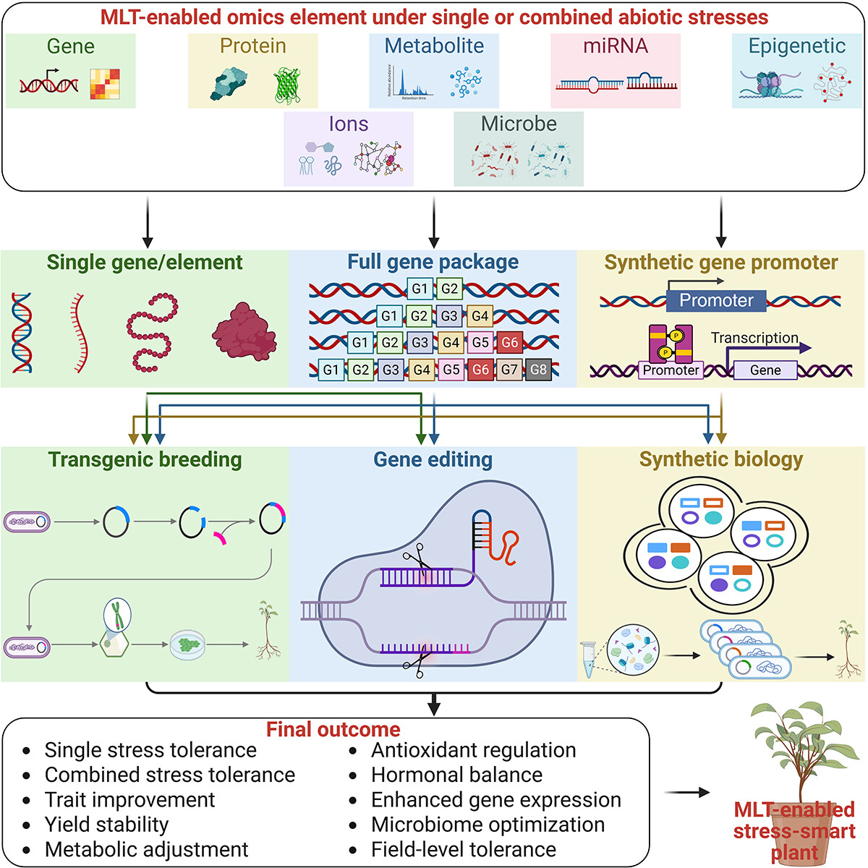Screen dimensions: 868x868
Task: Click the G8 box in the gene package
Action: (539, 370)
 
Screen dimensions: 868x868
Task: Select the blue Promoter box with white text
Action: (716, 300)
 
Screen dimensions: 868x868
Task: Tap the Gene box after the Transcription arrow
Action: (765, 370)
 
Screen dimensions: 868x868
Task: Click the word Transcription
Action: (754, 338)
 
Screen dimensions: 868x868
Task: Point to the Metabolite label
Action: (434, 46)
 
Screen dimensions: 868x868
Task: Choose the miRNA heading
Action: (616, 46)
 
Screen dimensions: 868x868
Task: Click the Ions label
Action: (349, 124)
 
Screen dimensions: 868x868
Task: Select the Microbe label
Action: (519, 124)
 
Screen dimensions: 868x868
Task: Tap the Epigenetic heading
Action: (796, 46)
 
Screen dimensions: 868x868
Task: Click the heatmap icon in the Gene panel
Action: (105, 84)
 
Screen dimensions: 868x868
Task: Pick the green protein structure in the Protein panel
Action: (287, 86)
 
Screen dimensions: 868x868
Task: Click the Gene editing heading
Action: (433, 459)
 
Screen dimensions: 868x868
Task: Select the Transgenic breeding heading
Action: (145, 459)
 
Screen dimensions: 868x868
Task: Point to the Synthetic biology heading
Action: (721, 459)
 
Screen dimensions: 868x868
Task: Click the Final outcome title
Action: (333, 729)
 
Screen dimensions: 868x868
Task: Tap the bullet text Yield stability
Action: (106, 825)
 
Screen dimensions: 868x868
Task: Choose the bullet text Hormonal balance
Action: (456, 775)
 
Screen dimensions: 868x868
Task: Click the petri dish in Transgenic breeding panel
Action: (187, 644)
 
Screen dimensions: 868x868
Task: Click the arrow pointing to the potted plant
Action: (686, 793)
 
